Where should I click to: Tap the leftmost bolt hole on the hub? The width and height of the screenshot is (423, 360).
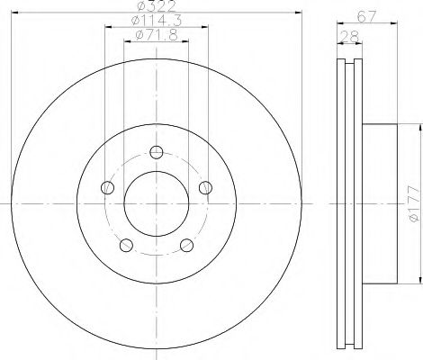pos(107,187)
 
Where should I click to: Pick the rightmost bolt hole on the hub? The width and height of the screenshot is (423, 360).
pos(205,187)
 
